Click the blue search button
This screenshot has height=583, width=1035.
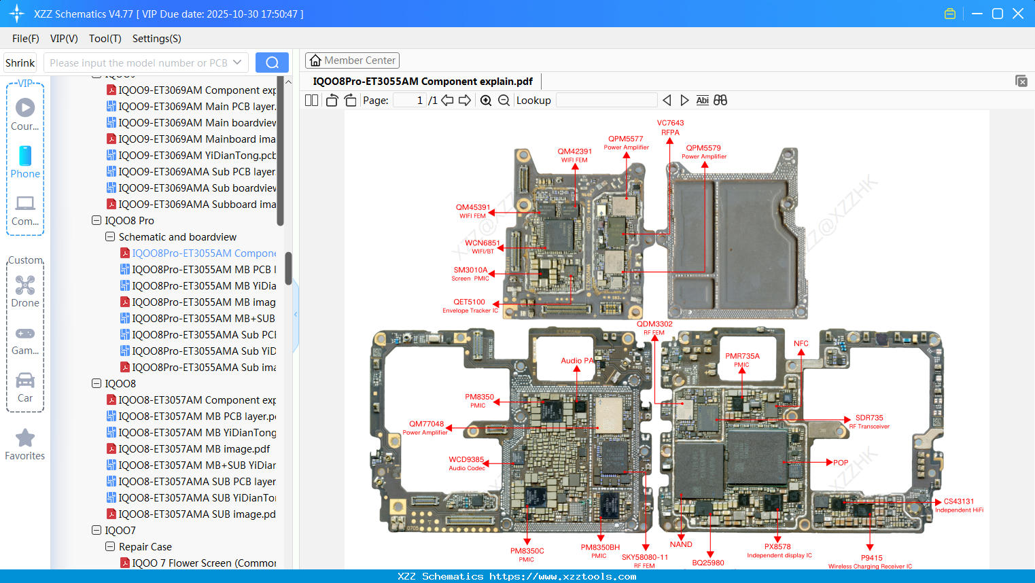pyautogui.click(x=272, y=63)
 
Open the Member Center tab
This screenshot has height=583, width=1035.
pyautogui.click(x=352, y=60)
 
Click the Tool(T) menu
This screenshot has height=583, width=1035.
pyautogui.click(x=105, y=39)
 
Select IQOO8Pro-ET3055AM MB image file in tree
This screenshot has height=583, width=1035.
pyautogui.click(x=203, y=302)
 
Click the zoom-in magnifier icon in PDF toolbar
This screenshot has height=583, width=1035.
pyautogui.click(x=486, y=101)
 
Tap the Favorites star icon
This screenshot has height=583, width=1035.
pyautogui.click(x=25, y=439)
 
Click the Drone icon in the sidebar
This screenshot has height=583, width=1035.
pyautogui.click(x=25, y=286)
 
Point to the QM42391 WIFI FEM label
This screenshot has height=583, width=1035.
pyautogui.click(x=574, y=155)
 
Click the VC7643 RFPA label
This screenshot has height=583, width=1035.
pyautogui.click(x=670, y=128)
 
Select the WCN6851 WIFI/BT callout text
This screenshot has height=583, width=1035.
pyautogui.click(x=482, y=246)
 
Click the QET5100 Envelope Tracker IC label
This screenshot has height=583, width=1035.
pyautogui.click(x=470, y=306)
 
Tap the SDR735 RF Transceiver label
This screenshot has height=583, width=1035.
pyautogui.click(x=869, y=421)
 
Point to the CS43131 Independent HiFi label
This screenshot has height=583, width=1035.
pyautogui.click(x=958, y=505)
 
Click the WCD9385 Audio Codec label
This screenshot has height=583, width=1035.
pyautogui.click(x=466, y=463)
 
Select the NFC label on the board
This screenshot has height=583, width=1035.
pyautogui.click(x=801, y=343)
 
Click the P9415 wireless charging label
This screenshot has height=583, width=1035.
pyautogui.click(x=871, y=561)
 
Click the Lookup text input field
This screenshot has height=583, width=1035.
pyautogui.click(x=606, y=101)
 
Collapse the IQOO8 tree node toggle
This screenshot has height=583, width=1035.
pyautogui.click(x=97, y=383)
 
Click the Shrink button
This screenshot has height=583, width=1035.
pyautogui.click(x=20, y=63)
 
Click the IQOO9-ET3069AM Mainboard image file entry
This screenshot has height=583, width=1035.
pyautogui.click(x=196, y=139)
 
